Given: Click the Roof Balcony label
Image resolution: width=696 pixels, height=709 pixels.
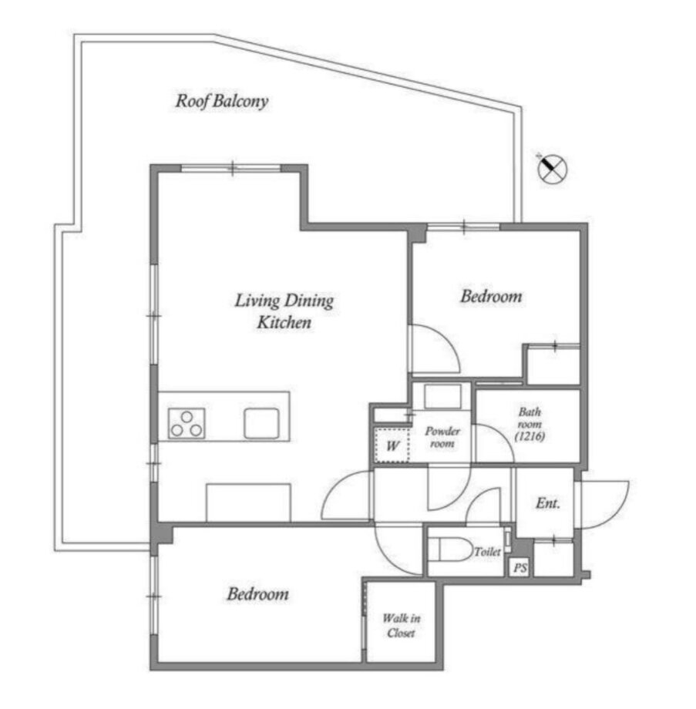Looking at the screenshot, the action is [x=222, y=101].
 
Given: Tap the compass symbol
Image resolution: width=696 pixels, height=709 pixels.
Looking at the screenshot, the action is [x=552, y=169].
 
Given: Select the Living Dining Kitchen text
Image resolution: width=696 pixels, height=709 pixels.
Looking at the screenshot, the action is [x=284, y=311].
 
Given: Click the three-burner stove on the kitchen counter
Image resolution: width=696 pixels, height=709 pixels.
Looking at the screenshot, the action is [x=187, y=424].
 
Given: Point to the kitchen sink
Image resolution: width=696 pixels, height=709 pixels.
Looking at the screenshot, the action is [x=261, y=424].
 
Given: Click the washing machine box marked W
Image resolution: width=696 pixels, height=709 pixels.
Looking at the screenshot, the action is [x=392, y=445].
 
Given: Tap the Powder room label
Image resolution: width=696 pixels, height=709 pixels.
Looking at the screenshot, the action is [x=442, y=437].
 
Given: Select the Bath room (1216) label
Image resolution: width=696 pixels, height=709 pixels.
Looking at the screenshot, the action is [x=530, y=424].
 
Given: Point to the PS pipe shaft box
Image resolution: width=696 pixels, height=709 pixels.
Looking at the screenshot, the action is [x=520, y=568].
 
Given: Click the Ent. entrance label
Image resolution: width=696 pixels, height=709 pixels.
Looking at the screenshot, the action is [x=548, y=502].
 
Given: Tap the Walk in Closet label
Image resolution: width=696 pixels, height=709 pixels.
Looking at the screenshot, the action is [x=401, y=625].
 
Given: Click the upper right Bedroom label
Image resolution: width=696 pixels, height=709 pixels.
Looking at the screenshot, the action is [x=491, y=297].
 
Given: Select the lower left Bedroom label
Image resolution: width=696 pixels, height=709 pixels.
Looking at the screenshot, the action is [x=257, y=593].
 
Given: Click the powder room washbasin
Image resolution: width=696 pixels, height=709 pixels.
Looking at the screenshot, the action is [x=442, y=397].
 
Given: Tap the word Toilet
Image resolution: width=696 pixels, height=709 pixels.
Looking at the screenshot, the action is [x=488, y=552].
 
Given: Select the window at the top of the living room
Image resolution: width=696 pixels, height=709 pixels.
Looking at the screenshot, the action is [x=231, y=168].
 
